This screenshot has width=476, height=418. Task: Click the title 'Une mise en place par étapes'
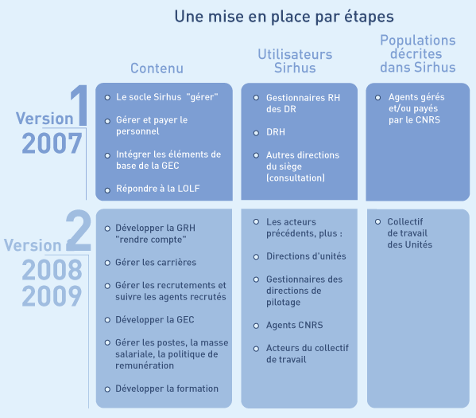click(x=284, y=17)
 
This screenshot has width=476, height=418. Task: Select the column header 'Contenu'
click(x=157, y=68)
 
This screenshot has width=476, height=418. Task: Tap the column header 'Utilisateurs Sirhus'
click(x=295, y=61)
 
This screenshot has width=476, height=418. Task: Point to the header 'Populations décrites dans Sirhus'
click(x=418, y=53)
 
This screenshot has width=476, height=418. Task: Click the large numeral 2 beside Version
click(x=79, y=231)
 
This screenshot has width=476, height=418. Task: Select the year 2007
click(x=52, y=143)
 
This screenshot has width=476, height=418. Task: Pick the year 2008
click(x=52, y=270)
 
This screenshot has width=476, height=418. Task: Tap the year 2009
click(x=52, y=295)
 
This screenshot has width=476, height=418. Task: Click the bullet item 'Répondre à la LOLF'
click(x=158, y=189)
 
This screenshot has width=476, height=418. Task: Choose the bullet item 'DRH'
click(x=276, y=132)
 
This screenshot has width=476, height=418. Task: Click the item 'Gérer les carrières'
click(x=156, y=262)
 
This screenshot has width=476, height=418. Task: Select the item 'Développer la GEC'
click(x=155, y=320)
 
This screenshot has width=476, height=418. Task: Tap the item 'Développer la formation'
click(x=167, y=389)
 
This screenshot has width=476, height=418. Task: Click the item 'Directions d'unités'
click(x=306, y=256)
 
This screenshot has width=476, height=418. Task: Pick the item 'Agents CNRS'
click(x=295, y=325)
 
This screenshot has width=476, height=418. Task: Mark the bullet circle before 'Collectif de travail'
click(x=377, y=221)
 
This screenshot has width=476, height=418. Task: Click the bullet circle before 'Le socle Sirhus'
click(x=107, y=98)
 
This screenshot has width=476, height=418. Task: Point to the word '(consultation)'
click(x=296, y=178)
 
